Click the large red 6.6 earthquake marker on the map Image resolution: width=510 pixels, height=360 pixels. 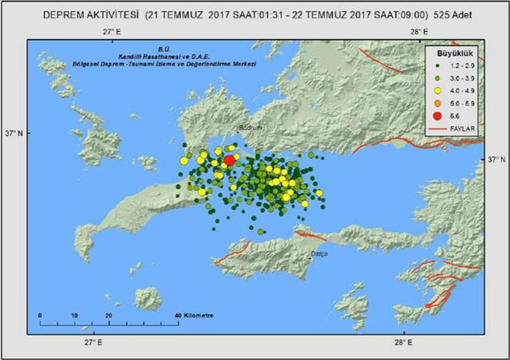click(229, 160)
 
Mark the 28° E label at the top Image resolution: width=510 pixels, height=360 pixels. click(417, 31)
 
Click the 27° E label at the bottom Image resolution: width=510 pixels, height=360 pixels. click(92, 342)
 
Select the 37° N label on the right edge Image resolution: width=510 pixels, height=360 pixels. click(496, 159)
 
